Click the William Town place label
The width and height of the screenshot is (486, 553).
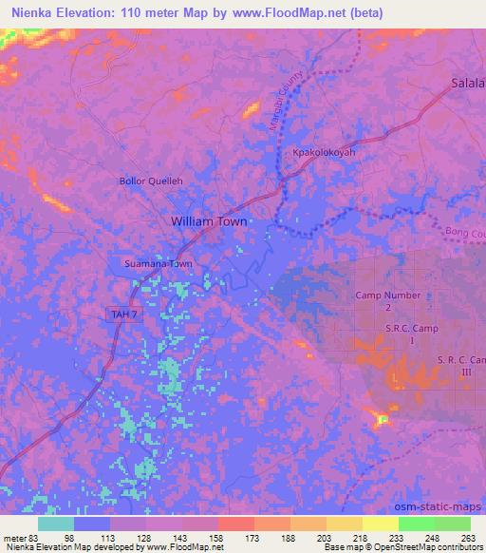pyautogui.click(x=208, y=221)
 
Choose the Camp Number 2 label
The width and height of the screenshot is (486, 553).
pyautogui.click(x=387, y=301)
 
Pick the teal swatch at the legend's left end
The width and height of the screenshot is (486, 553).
pyautogui.click(x=56, y=524)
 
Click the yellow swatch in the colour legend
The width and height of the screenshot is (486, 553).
pyautogui.click(x=380, y=524)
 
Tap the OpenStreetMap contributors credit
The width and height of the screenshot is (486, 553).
pyautogui.click(x=426, y=548)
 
